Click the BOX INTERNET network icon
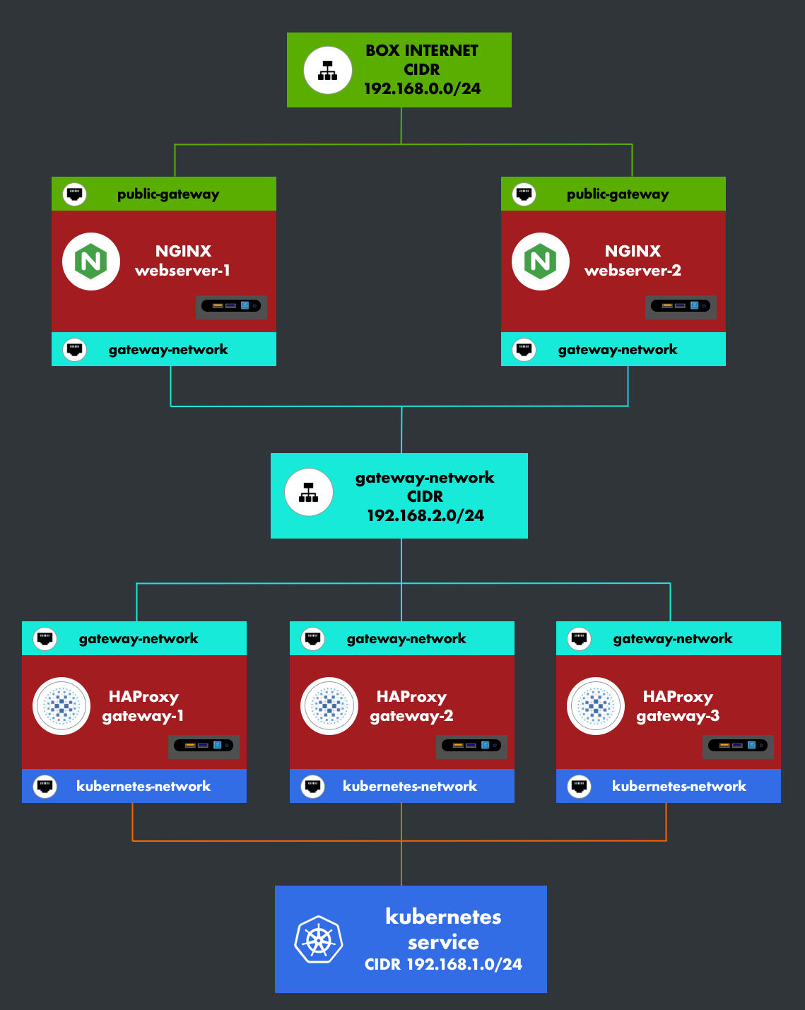pyautogui.click(x=328, y=71)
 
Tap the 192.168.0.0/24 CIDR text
pyautogui.click(x=422, y=89)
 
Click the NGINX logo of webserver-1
pyautogui.click(x=91, y=262)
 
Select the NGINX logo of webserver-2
pyautogui.click(x=541, y=262)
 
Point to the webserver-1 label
pyautogui.click(x=182, y=271)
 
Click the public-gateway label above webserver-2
pyautogui.click(x=618, y=194)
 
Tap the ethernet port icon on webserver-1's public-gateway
pyautogui.click(x=75, y=194)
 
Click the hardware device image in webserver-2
pyautogui.click(x=681, y=306)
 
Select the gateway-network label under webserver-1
pyautogui.click(x=168, y=350)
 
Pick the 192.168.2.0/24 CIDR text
pyautogui.click(x=425, y=516)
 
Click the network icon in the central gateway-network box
pyautogui.click(x=309, y=493)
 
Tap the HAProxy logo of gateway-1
pyautogui.click(x=61, y=706)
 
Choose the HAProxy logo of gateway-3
pyautogui.click(x=596, y=706)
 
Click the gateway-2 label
pyautogui.click(x=411, y=716)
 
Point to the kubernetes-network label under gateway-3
pyautogui.click(x=678, y=787)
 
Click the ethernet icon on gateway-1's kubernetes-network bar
pyautogui.click(x=45, y=786)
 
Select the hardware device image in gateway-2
pyautogui.click(x=471, y=746)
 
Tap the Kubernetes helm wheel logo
pyautogui.click(x=319, y=940)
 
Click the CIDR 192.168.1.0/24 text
pyautogui.click(x=443, y=965)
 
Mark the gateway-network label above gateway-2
pyautogui.click(x=406, y=639)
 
